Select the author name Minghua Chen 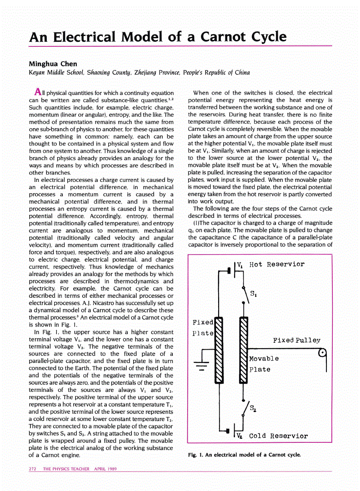pyautogui.click(x=53, y=64)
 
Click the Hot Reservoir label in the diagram pyautogui.click(x=276, y=265)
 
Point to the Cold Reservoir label pyautogui.click(x=278, y=436)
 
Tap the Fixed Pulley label pyautogui.click(x=296, y=340)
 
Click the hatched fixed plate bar pyautogui.click(x=219, y=350)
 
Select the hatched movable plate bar pyautogui.click(x=243, y=350)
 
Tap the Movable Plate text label pyautogui.click(x=264, y=364)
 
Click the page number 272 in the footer pyautogui.click(x=32, y=469)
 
